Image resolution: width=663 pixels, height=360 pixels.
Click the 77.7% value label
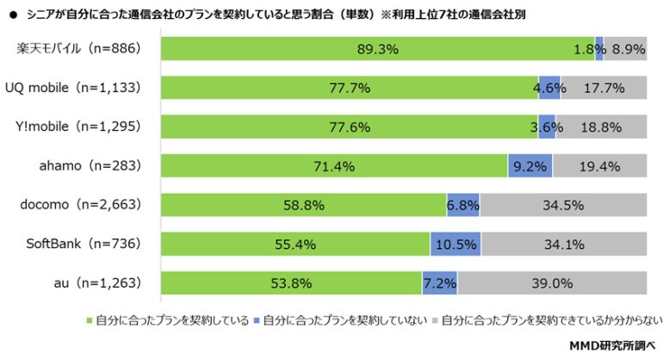click(x=349, y=88)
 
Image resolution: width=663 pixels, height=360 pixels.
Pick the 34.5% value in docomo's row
click(x=563, y=205)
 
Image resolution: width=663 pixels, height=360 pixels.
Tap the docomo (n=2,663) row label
click(x=79, y=205)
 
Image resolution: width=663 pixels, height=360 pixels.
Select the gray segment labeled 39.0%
click(x=552, y=282)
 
